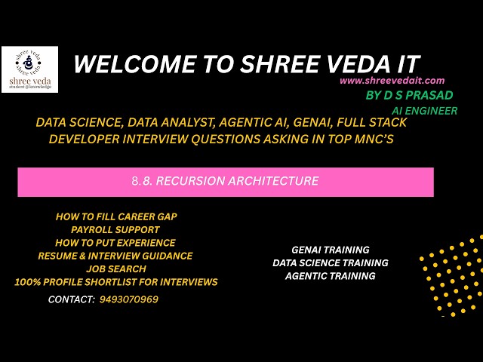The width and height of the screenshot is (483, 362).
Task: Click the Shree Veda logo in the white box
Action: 30,69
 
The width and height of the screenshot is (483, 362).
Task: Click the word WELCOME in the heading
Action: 135,64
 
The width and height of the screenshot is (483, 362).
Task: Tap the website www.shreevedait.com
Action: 392,81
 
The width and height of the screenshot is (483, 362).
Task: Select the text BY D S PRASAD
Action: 409,95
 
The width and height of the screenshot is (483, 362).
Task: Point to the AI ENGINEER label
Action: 424,111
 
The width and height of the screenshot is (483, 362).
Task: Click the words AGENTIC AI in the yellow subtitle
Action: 254,122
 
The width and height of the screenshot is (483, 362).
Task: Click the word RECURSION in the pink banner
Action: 190,181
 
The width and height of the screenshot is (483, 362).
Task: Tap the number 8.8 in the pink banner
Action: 142,181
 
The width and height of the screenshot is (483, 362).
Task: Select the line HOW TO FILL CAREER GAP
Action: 116,216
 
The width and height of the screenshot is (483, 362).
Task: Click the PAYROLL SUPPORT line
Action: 115,229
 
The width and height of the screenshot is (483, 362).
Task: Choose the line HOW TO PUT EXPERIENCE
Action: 115,243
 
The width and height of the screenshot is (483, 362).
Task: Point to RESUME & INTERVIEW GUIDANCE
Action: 115,256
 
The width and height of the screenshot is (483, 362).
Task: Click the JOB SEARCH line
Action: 116,269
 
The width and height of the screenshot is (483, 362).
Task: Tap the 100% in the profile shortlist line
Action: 28,282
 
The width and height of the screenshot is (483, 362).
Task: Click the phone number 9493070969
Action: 129,299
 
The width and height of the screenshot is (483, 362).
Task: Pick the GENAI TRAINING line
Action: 331,250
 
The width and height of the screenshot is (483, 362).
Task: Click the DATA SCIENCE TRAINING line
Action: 331,263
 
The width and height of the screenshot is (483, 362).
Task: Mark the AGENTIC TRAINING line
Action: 331,276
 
